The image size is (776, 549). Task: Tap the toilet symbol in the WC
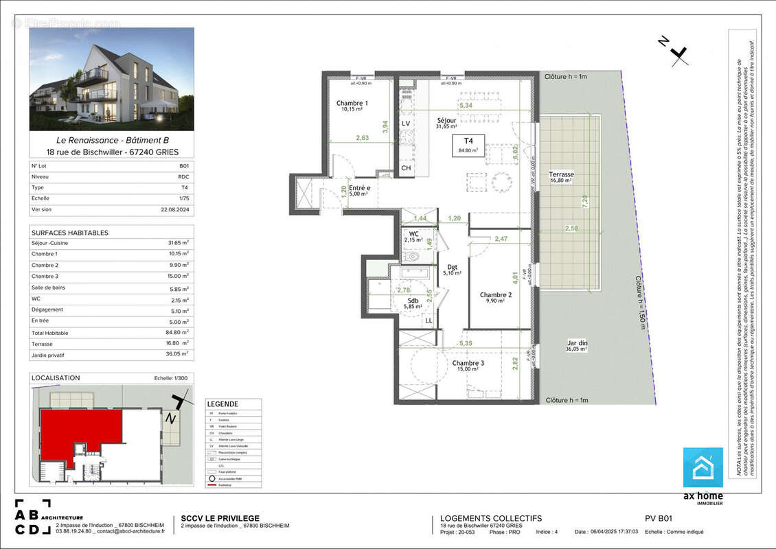pyautogui.click(x=412, y=257)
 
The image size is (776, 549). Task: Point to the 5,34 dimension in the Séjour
pyautogui.click(x=466, y=106)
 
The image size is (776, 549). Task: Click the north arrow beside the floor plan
pyautogui.click(x=676, y=53)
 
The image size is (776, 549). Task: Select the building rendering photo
pyautogui.click(x=111, y=79)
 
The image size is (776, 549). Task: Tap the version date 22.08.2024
pyautogui.click(x=174, y=209)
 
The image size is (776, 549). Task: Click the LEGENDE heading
pyautogui.click(x=222, y=404)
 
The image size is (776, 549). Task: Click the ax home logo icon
pyautogui.click(x=702, y=468)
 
